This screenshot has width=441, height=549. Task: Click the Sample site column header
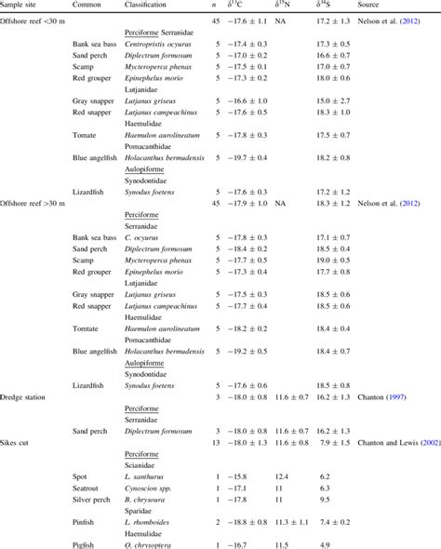coord(24,5)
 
